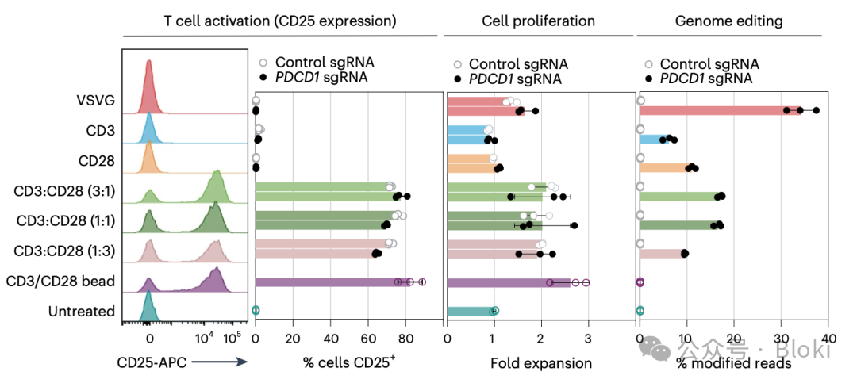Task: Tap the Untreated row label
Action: click(x=82, y=312)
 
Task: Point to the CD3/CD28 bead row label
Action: click(x=61, y=281)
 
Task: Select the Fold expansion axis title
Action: click(x=540, y=363)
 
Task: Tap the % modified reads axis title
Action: click(x=733, y=363)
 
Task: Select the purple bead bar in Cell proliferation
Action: click(x=509, y=282)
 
